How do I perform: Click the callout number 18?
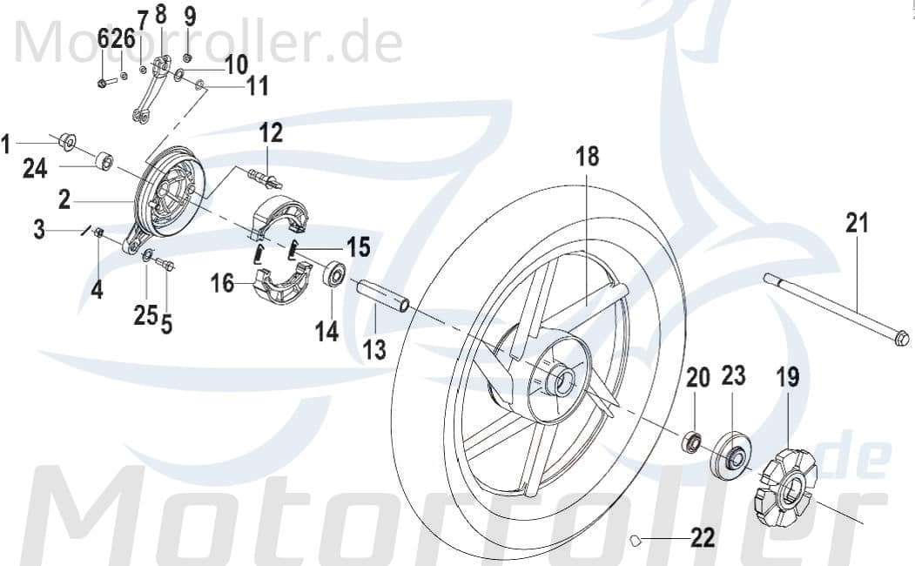coord(588,157)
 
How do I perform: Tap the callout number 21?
coord(857,224)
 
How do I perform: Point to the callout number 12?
coord(271,133)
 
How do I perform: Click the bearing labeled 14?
coord(333,276)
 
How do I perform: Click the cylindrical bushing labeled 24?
coord(105,161)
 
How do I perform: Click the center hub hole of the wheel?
coord(562,381)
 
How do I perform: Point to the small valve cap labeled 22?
coord(636,541)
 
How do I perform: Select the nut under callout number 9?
coord(187,58)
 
